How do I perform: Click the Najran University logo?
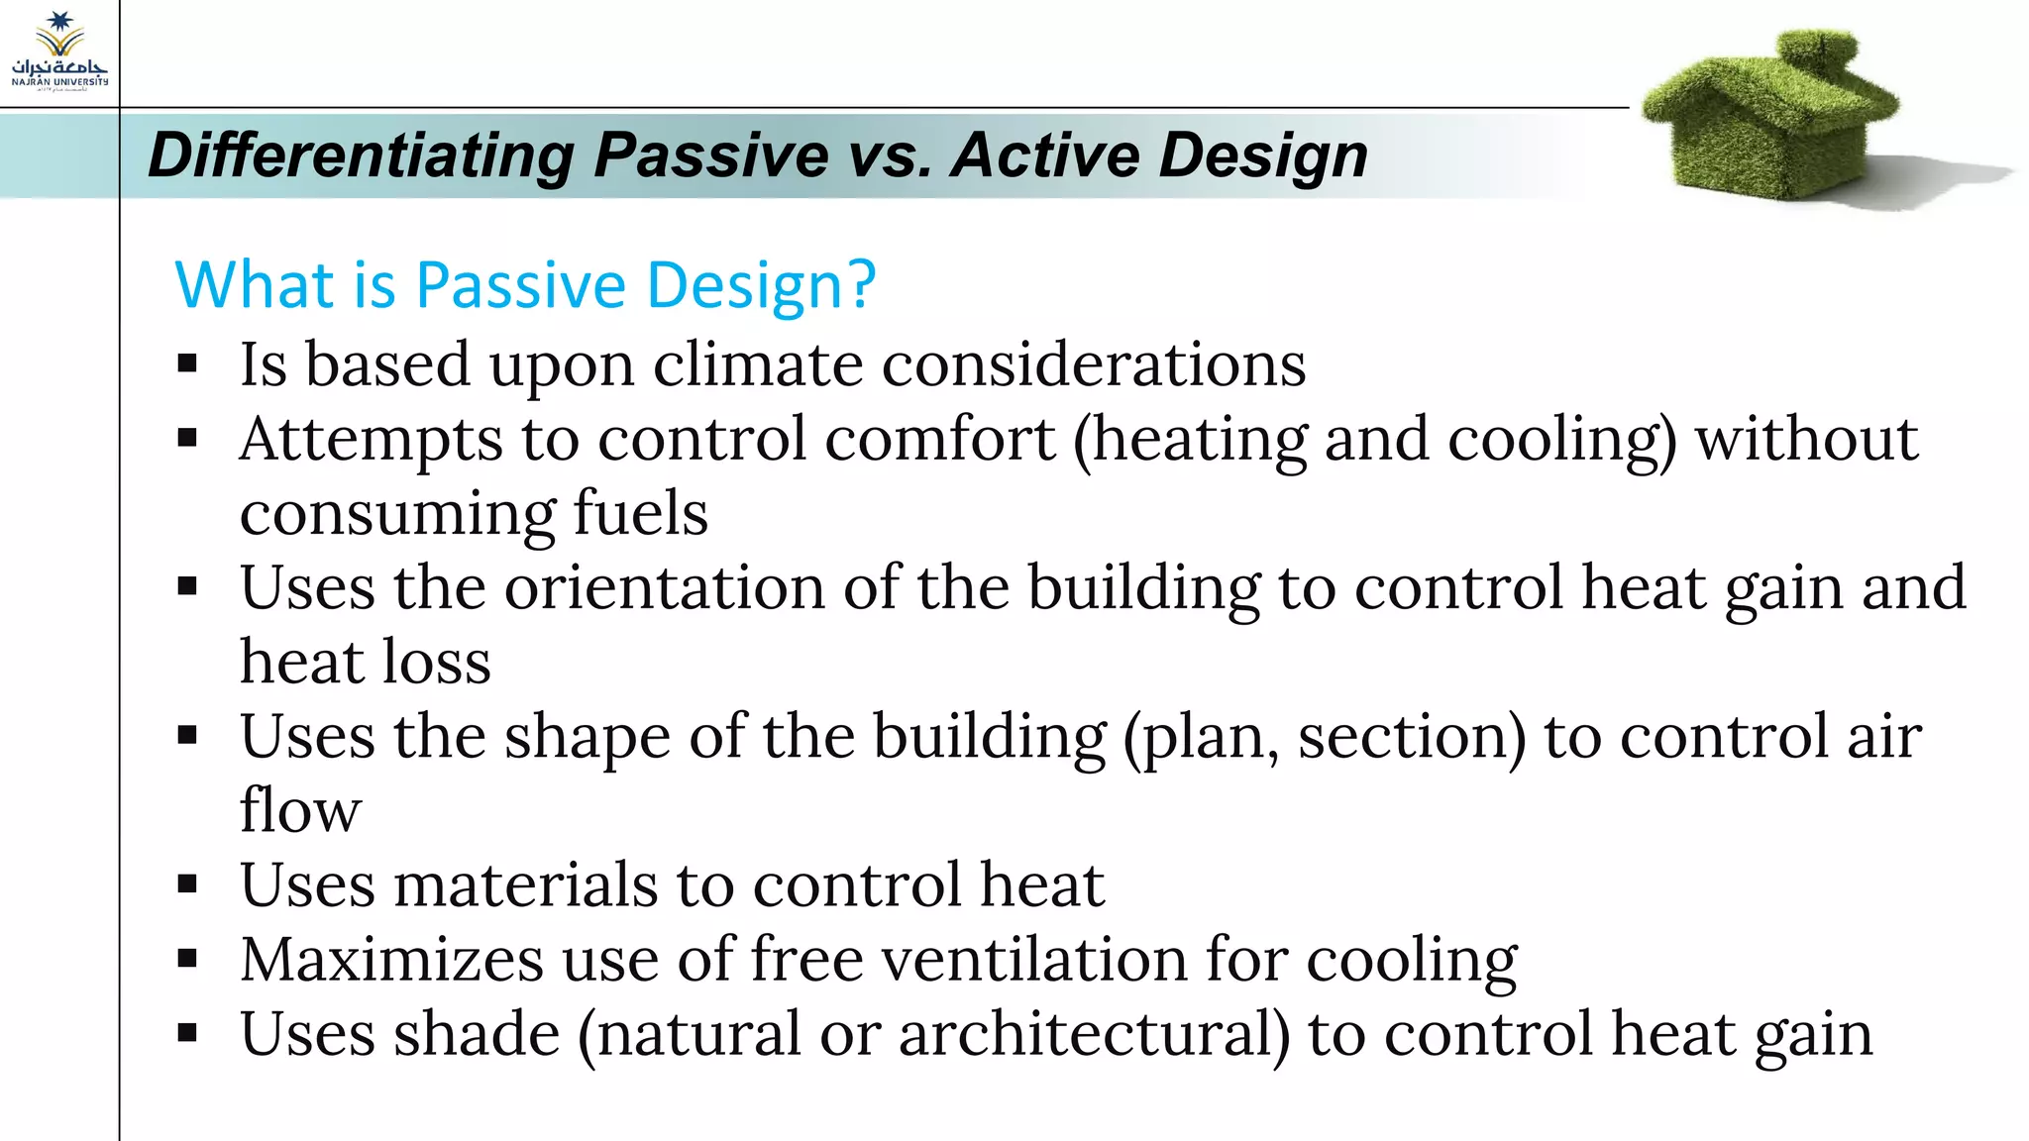59,52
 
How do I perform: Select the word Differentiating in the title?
362,156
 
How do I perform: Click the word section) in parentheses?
1412,737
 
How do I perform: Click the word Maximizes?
392,959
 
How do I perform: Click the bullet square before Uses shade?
187,1034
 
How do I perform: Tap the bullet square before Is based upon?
187,364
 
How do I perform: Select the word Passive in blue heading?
521,285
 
